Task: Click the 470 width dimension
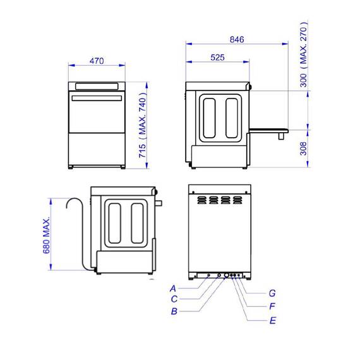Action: [97, 61]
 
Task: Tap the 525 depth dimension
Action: [217, 57]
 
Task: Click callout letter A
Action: [172, 288]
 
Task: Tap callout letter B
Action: [172, 311]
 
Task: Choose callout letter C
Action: [172, 299]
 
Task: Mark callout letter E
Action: [273, 320]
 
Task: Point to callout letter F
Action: [273, 306]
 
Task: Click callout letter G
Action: [273, 293]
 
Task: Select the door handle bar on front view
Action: [97, 99]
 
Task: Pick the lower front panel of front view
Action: [97, 148]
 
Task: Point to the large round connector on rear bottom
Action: [226, 276]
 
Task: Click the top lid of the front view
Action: [97, 86]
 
